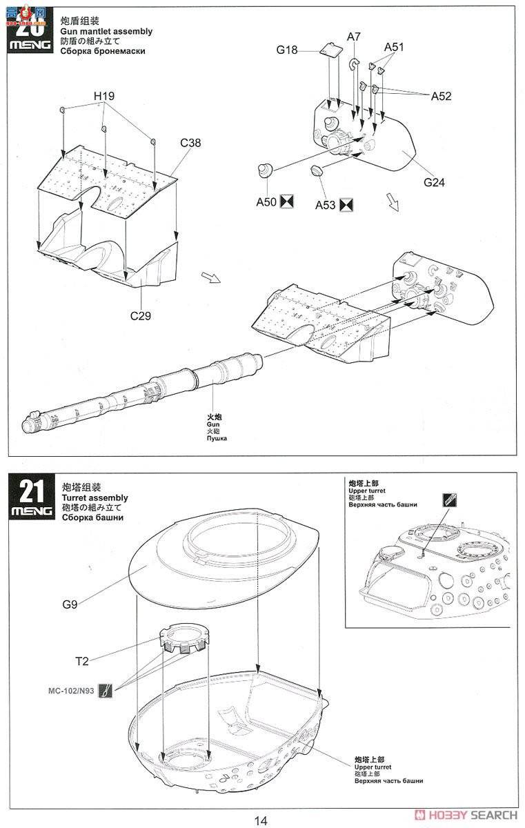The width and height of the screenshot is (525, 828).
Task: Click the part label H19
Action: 105,95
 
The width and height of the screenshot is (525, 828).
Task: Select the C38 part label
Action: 190,143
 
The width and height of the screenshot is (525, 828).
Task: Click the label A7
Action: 354,36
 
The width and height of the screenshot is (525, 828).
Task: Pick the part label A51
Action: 395,47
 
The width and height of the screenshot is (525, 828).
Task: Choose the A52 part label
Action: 441,96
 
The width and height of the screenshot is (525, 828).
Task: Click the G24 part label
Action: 435,182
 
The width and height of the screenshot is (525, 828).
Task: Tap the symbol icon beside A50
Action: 288,202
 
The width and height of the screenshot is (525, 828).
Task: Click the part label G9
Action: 69,605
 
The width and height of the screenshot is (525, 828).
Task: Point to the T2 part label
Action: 82,661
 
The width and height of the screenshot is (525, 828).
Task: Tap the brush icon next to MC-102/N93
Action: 106,690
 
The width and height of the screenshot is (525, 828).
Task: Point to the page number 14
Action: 260,820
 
